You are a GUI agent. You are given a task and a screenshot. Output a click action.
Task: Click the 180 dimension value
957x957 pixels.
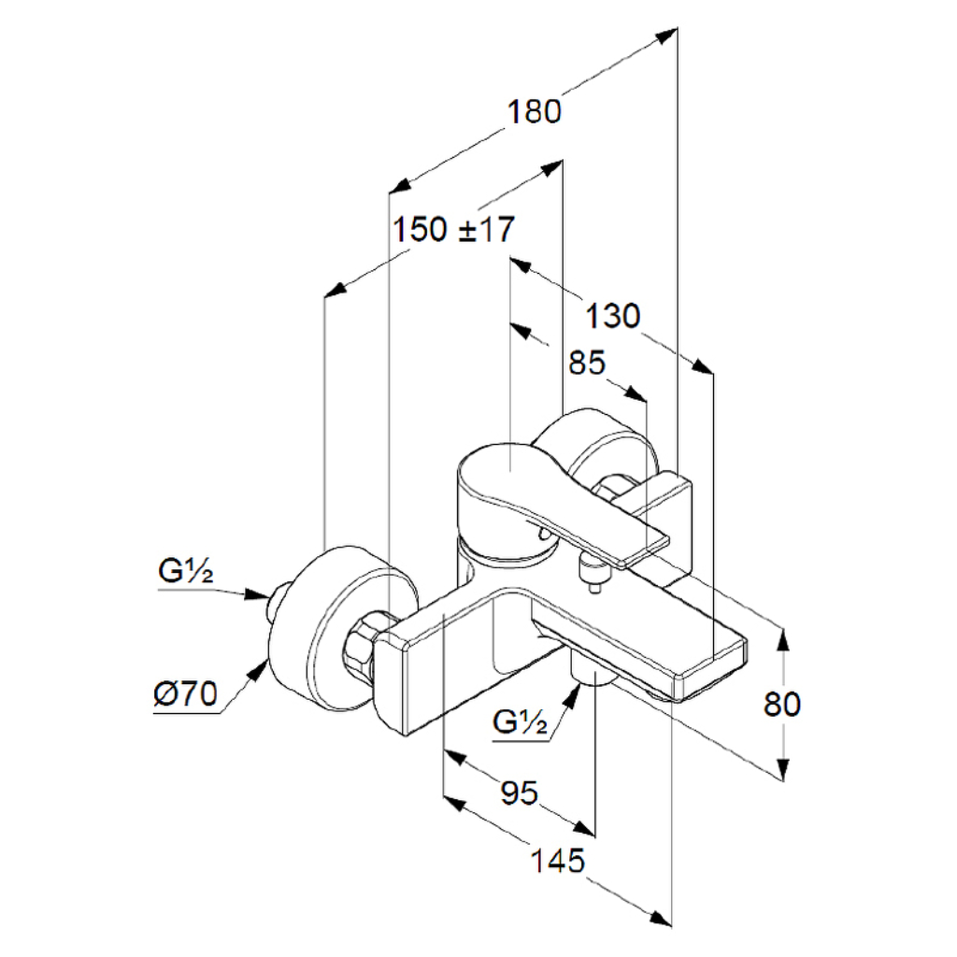[x=534, y=112]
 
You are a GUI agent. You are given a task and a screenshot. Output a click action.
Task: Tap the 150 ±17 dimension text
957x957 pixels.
[x=453, y=230]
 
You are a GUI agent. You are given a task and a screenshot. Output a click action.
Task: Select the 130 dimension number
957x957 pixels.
[x=613, y=316]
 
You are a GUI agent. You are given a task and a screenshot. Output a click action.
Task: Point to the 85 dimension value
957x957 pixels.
[x=587, y=363]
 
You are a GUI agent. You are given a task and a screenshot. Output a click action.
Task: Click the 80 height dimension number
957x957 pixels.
[x=782, y=704]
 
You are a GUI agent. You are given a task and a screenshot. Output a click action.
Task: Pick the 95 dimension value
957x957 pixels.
[x=520, y=793]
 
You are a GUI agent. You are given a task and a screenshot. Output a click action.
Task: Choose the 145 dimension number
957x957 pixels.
[x=557, y=861]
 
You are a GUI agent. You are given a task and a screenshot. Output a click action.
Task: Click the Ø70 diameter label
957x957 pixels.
[x=186, y=694]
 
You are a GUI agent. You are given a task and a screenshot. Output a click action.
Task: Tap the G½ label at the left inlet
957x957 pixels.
[x=186, y=571]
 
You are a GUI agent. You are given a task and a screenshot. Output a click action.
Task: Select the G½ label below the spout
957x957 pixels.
[x=520, y=722]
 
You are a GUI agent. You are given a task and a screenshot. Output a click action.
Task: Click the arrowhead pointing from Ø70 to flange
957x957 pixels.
[x=259, y=670]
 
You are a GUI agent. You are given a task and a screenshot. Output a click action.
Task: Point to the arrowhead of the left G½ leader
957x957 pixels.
[x=257, y=594]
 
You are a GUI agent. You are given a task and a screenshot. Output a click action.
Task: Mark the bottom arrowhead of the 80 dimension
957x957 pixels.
[x=784, y=769]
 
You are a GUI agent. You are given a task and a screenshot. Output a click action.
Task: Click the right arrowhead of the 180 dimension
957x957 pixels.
[x=667, y=35]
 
